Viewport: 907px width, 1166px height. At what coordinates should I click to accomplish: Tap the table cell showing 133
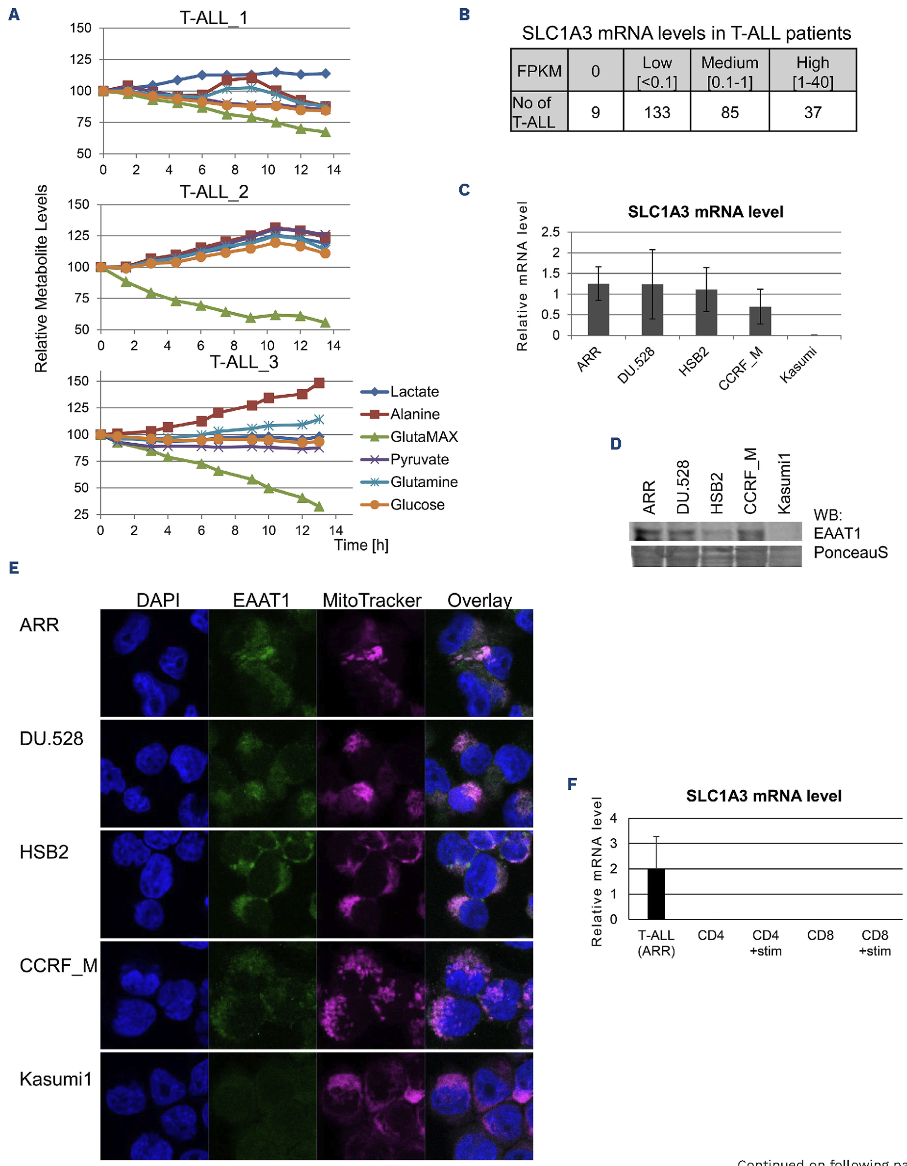[x=657, y=112]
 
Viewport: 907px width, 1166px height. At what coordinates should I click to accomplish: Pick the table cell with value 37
[x=813, y=112]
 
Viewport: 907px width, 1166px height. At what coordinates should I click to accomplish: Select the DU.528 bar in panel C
[x=652, y=310]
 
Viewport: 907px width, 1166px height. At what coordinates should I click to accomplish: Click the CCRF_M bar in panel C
[x=760, y=321]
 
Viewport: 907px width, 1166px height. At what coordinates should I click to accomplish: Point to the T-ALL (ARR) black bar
[x=656, y=894]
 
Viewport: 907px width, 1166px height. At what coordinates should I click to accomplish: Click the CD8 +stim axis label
[x=875, y=943]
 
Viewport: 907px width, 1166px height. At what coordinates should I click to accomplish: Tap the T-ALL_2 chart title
[x=214, y=192]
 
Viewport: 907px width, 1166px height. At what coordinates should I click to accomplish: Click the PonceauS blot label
[x=850, y=553]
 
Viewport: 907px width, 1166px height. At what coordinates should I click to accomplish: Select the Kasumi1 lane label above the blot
[x=784, y=484]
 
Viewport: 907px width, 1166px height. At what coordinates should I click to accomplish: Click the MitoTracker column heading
[x=372, y=600]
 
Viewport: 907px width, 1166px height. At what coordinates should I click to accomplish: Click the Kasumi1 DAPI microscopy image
[x=154, y=1106]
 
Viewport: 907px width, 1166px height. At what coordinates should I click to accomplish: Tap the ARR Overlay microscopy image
[x=479, y=663]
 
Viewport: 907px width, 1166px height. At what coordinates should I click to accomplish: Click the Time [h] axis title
[x=361, y=545]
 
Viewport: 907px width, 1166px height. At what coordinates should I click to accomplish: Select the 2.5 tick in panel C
[x=550, y=232]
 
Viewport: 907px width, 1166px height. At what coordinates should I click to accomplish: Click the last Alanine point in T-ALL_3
[x=319, y=383]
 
